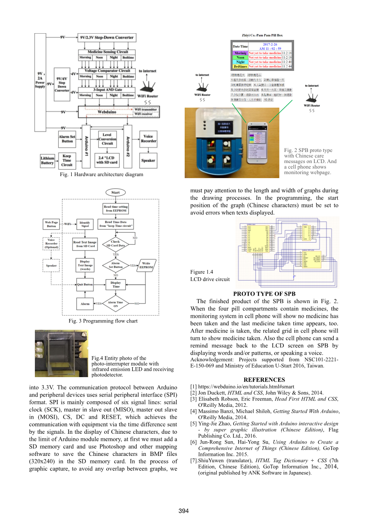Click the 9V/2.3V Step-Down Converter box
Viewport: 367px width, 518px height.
click(107, 38)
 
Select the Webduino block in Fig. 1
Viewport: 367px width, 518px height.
click(107, 112)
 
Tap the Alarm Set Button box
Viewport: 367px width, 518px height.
click(67, 139)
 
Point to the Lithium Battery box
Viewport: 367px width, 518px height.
click(47, 160)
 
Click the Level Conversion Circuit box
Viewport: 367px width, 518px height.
click(107, 139)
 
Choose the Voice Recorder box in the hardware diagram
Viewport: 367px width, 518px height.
click(148, 139)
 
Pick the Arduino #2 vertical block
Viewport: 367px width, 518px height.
click(128, 146)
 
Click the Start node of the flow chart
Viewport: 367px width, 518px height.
click(115, 193)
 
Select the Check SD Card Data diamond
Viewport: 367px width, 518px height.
click(115, 243)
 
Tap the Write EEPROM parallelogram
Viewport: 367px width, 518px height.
click(146, 265)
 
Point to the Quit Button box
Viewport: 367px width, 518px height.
click(85, 284)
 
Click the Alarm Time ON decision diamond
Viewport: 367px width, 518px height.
click(115, 304)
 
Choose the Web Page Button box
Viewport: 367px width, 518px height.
click(52, 224)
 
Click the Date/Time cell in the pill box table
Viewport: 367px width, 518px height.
click(240, 46)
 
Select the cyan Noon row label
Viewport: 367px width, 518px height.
click(240, 57)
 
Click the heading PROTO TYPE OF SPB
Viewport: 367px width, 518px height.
click(264, 294)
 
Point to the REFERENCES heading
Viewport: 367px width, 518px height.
click(264, 379)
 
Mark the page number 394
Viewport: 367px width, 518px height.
click(183, 511)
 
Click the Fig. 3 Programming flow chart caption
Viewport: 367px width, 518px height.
click(103, 321)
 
